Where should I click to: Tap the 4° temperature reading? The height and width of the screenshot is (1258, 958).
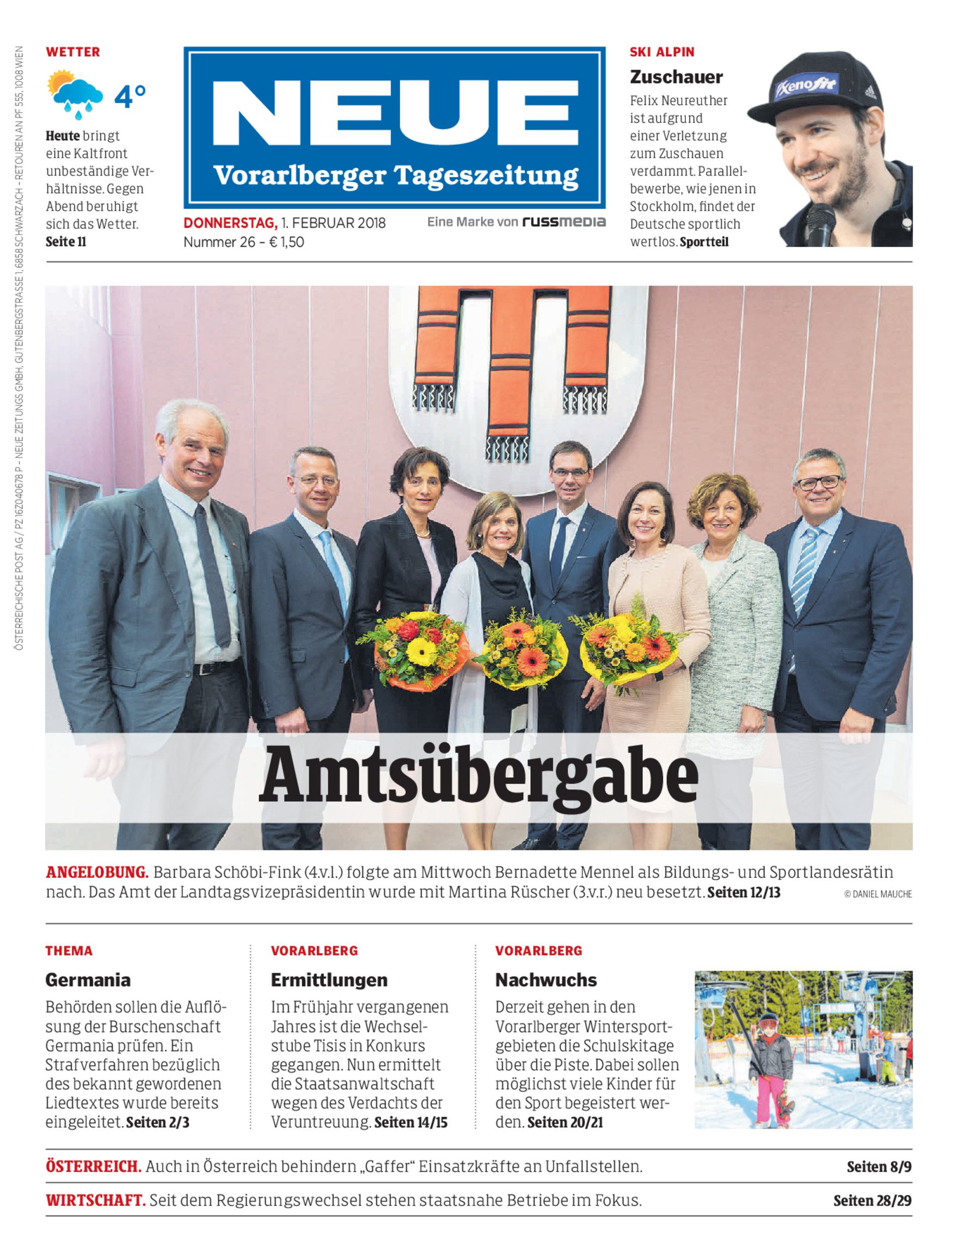point(130,97)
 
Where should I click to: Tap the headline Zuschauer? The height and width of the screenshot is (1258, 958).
point(676,76)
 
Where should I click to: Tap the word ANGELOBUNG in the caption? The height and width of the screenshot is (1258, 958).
point(97,873)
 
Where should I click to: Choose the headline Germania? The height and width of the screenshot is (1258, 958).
point(88,980)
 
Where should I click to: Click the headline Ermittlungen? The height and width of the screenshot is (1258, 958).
point(329,980)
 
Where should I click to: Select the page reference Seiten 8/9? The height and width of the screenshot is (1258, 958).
point(879,1167)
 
